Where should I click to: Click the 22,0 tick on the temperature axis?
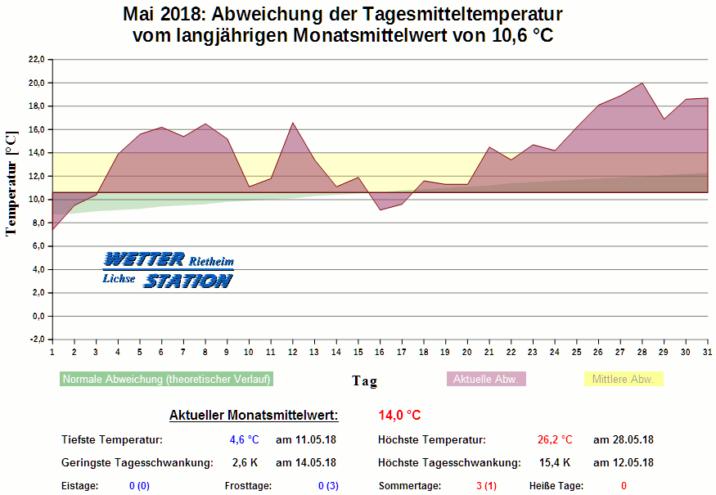(36, 59)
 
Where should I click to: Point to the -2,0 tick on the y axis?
(36, 340)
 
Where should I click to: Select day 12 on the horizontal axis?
(292, 352)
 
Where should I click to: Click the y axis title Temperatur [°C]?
(11, 183)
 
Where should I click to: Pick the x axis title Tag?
(365, 380)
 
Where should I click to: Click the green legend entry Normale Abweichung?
(166, 380)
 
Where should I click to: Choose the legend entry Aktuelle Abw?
(486, 380)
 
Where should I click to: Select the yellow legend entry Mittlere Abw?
(624, 380)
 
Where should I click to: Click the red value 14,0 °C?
(399, 416)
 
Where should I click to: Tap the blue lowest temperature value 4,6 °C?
(244, 440)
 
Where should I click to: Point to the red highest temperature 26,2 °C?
(555, 440)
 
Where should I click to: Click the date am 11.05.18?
(306, 440)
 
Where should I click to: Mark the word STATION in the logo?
(188, 281)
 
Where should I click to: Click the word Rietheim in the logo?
(212, 263)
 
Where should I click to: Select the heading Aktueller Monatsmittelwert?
(254, 416)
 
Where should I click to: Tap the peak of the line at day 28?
(642, 83)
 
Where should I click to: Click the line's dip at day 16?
(380, 210)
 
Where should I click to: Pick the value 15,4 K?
(555, 462)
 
